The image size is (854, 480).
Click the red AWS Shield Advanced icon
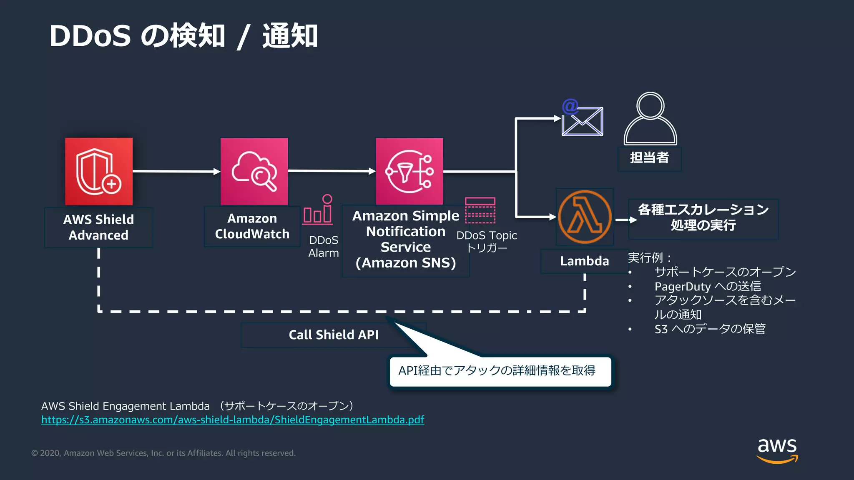tap(99, 171)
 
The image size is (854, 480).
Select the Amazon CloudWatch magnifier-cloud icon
tap(254, 171)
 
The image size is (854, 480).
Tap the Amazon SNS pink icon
tap(409, 171)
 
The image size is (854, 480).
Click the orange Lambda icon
tap(585, 217)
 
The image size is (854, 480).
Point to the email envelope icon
tap(582, 119)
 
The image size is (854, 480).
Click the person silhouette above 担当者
tap(650, 119)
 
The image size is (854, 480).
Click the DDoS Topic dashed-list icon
tap(480, 210)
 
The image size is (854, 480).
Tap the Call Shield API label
tap(333, 335)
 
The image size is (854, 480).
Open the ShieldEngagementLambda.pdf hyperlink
tap(233, 420)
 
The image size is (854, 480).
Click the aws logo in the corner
tap(777, 450)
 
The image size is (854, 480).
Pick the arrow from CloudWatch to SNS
tap(332, 171)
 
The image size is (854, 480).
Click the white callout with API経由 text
tap(500, 371)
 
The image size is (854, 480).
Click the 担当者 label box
tap(649, 158)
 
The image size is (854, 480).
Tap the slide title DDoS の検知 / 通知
tap(183, 36)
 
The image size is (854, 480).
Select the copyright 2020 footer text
tap(163, 453)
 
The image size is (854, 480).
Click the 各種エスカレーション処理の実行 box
tap(703, 217)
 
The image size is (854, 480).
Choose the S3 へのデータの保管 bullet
tap(710, 329)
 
